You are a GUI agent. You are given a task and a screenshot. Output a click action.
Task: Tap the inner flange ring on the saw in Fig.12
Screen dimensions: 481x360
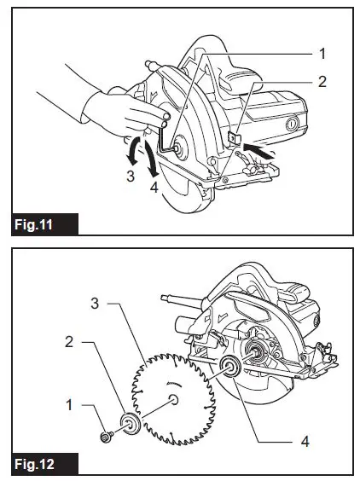pos(229,369)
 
